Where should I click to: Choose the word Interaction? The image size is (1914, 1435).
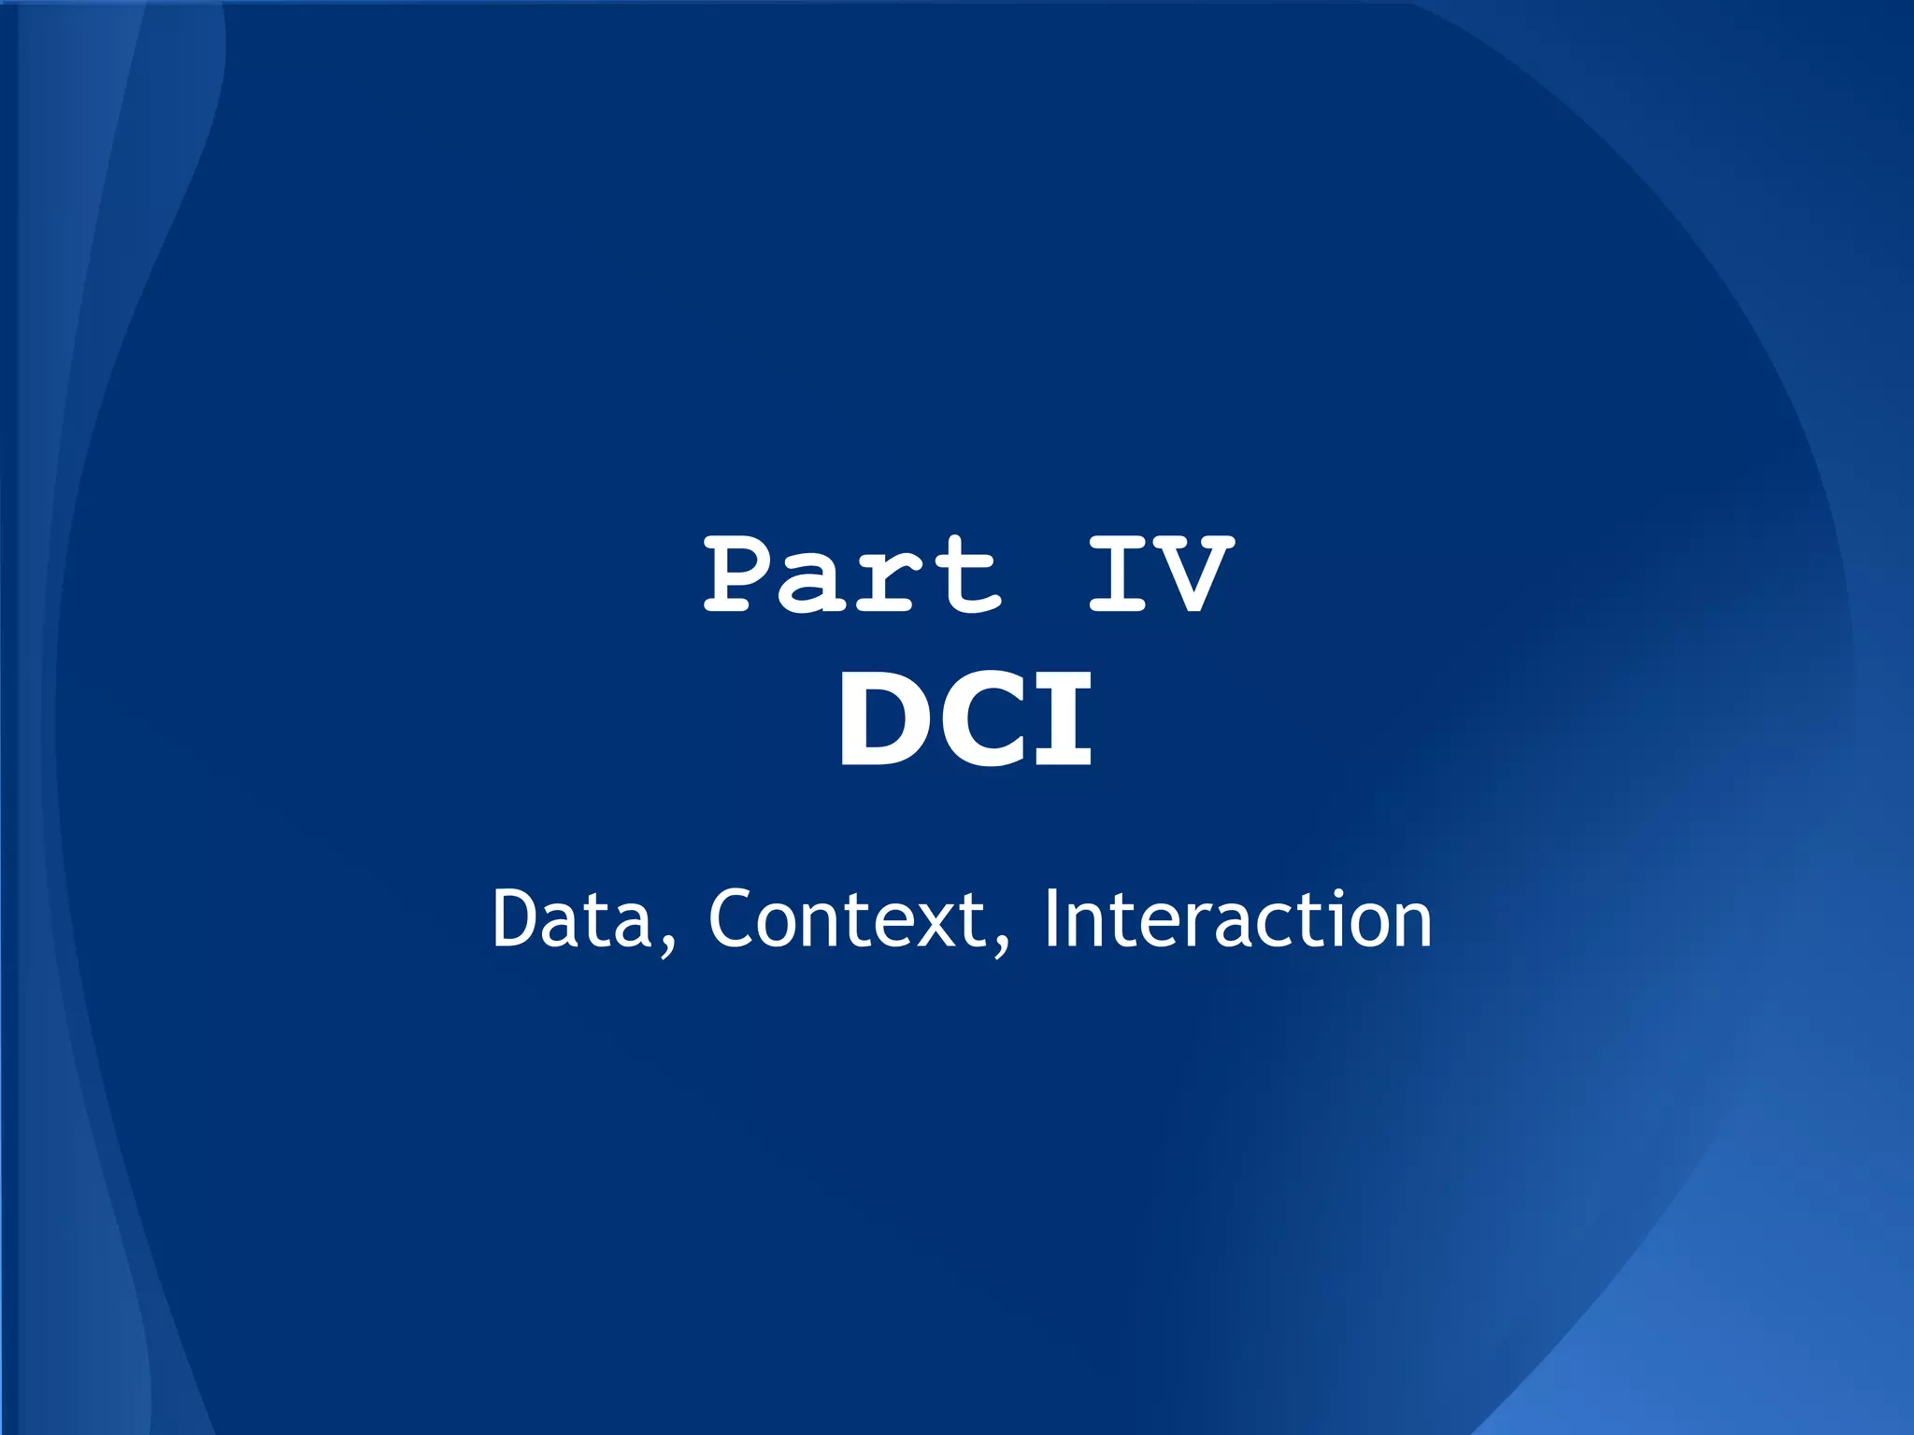1237,919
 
